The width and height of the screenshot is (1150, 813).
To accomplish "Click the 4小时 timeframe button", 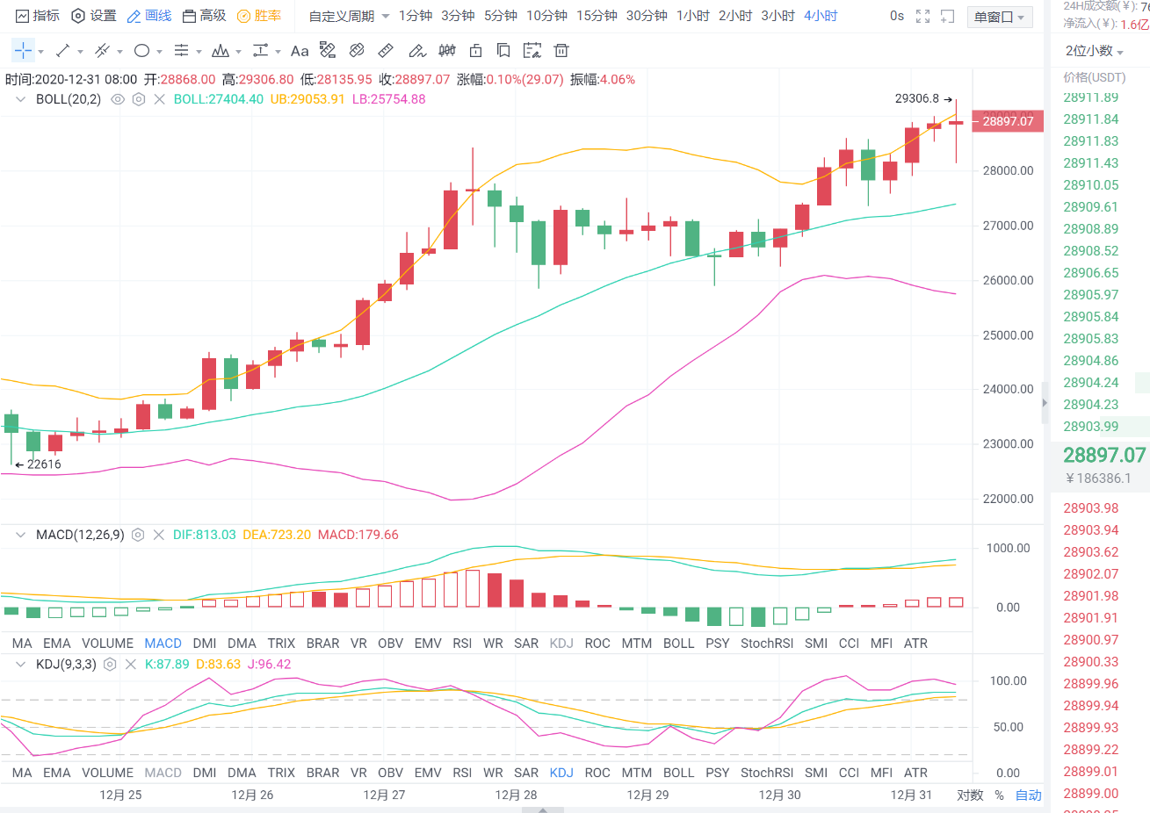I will tap(821, 16).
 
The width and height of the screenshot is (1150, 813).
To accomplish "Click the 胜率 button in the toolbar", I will tap(259, 16).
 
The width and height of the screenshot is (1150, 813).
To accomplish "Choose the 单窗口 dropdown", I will tap(999, 17).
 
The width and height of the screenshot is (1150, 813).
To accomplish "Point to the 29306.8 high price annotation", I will tap(917, 98).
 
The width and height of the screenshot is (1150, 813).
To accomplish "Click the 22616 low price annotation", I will tap(43, 464).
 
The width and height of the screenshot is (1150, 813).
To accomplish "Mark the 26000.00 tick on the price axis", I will tap(1008, 280).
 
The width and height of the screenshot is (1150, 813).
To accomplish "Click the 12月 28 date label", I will tap(516, 795).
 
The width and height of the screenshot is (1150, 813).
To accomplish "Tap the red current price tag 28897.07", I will tap(1008, 121).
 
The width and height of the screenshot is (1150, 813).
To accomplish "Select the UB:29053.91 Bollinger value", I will tap(307, 99).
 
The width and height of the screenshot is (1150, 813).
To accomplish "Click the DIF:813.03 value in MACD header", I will tap(204, 535).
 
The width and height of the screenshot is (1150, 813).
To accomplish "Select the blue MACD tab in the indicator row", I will tap(163, 644).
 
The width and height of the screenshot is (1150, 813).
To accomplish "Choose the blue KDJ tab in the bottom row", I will tap(561, 773).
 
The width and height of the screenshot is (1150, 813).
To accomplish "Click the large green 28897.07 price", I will tap(1103, 455).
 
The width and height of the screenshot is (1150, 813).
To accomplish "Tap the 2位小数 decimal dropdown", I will tap(1094, 51).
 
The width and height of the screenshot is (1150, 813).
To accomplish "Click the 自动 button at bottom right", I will tap(1028, 795).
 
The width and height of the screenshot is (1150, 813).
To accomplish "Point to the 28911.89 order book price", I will tap(1090, 97).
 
